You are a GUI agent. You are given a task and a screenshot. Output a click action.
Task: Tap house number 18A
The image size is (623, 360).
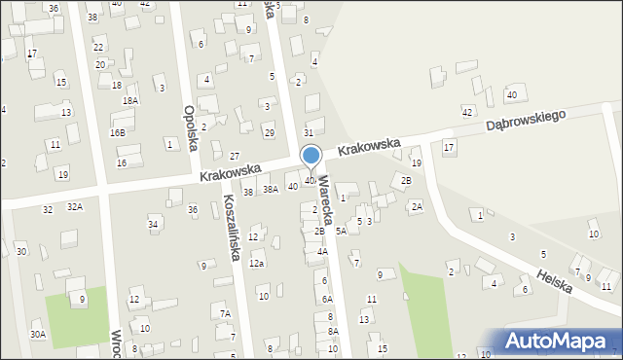point(129,100)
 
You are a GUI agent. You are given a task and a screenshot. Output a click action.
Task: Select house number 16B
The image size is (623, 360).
point(118,132)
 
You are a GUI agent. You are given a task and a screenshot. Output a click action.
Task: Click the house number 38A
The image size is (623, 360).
point(270,190)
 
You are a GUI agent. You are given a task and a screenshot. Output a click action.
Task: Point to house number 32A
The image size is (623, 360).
point(75,207)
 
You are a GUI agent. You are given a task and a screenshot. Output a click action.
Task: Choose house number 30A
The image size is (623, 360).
point(37,335)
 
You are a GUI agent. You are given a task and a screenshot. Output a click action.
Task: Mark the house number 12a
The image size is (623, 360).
point(257,264)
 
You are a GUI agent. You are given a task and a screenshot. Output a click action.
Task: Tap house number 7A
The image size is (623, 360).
point(225,313)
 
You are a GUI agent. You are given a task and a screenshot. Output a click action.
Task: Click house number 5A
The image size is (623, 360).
point(341,232)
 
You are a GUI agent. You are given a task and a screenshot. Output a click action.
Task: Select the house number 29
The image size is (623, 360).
point(270,132)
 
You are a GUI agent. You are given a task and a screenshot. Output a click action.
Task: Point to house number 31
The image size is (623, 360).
point(309,132)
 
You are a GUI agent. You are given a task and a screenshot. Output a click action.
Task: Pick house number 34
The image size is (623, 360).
point(153,225)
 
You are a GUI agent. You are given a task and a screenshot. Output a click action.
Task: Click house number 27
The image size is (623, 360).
point(235,156)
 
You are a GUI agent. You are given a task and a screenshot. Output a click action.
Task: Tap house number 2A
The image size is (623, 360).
point(416,206)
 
